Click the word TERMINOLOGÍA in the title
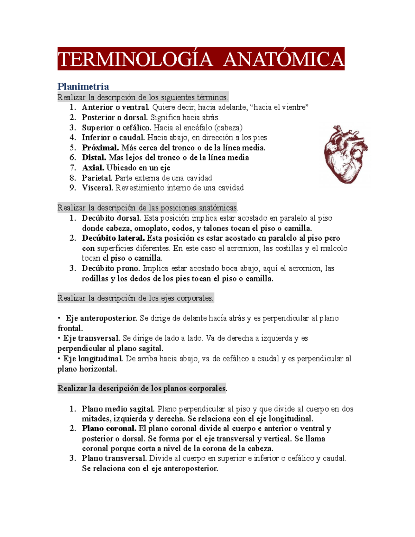coord(135,59)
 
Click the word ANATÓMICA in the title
coord(284,59)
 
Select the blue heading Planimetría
coord(83,86)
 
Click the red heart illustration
coord(345,154)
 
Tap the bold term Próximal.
coord(100,148)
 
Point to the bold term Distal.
coord(94,158)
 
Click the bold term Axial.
coord(93,168)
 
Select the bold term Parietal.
coord(97,178)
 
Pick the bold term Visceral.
coord(97,188)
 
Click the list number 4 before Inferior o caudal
coord(73,138)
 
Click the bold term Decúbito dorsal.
coord(111,218)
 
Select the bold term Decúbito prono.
coord(111,268)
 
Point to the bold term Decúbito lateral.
coord(113,238)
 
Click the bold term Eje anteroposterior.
coord(101,318)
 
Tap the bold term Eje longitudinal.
coord(93,359)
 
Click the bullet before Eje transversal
coord(59,338)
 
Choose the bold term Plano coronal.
coord(109,429)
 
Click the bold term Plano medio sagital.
coord(118,409)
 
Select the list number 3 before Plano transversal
coord(73,459)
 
